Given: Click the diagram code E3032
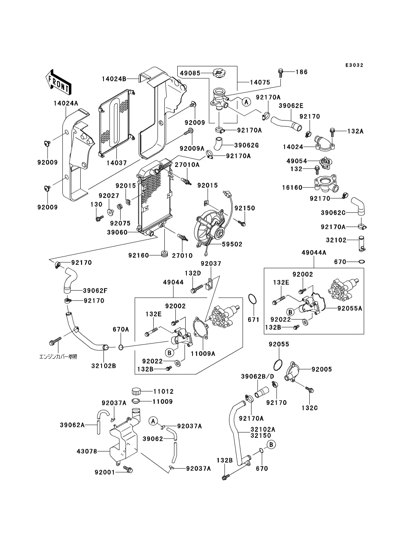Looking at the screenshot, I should [x=354, y=65].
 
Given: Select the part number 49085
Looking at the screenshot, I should [x=190, y=73].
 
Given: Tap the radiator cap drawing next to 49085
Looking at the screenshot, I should [x=219, y=72].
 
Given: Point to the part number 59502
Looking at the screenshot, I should [x=233, y=244].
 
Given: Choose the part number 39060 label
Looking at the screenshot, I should [x=117, y=232].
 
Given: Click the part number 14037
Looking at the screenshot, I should [x=116, y=163].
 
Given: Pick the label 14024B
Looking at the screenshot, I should [x=114, y=79].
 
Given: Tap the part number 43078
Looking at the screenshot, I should [x=87, y=451].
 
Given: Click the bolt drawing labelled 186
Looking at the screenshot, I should [x=281, y=71].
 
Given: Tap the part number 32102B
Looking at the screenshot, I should [x=103, y=366].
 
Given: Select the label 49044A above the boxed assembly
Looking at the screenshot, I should [x=314, y=252].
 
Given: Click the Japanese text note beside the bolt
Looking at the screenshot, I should [x=58, y=357].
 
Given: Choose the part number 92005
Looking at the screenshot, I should [x=322, y=369].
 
